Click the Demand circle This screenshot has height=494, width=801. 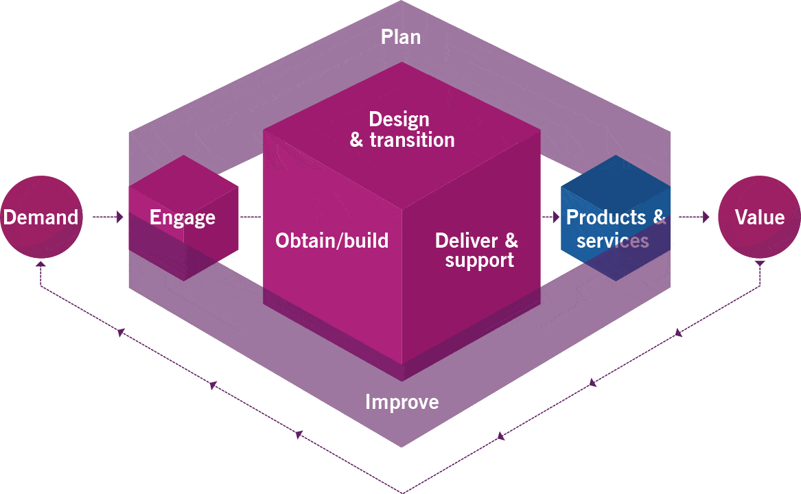40,217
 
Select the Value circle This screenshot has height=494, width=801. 759,217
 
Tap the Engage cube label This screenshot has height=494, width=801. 183,218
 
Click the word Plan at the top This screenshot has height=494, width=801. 401,37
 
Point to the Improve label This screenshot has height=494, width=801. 402,401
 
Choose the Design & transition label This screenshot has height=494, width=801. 402,129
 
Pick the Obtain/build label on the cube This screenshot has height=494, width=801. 332,241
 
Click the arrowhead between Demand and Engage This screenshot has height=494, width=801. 119,217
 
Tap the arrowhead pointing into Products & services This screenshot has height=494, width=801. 555,217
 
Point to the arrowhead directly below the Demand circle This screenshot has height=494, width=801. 40,263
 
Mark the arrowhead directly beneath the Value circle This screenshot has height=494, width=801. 759,263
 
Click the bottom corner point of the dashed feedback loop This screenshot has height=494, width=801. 402,491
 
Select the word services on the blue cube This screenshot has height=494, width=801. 612,241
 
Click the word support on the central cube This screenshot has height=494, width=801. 479,261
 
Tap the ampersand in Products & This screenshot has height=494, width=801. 659,217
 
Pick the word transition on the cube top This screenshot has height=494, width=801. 412,140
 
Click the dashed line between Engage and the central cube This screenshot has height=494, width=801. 251,217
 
